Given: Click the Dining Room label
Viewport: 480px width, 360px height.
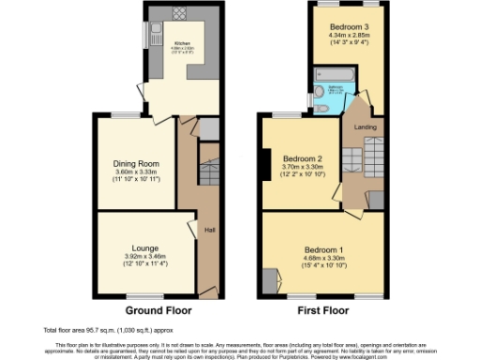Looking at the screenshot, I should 137,164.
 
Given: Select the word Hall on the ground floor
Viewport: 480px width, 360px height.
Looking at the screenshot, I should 210,231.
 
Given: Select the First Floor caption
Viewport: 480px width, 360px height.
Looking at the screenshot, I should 322,309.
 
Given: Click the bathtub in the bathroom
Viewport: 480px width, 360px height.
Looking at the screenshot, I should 333,73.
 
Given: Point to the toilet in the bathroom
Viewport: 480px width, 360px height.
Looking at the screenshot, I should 322,108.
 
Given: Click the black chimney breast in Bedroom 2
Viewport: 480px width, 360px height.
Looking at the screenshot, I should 267,165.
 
